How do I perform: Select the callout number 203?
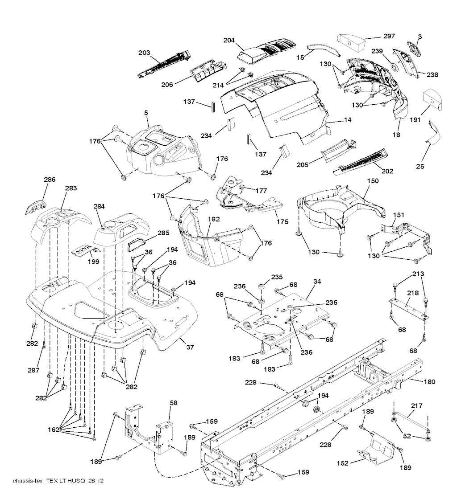pyautogui.click(x=144, y=53)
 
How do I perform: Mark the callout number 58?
pyautogui.click(x=174, y=403)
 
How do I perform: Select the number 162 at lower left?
pyautogui.click(x=54, y=430)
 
